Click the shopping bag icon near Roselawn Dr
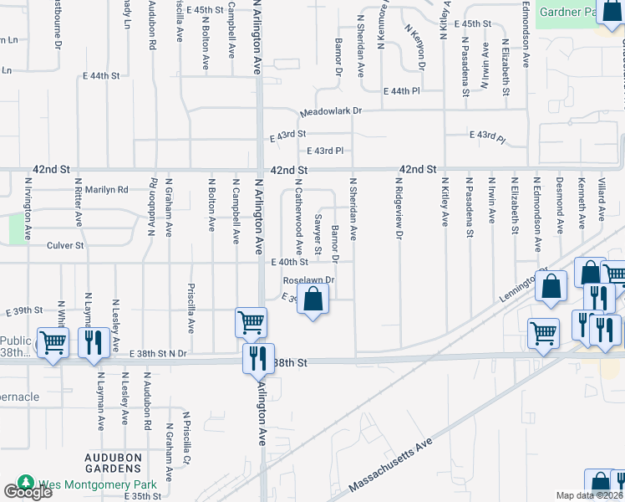click(x=312, y=300)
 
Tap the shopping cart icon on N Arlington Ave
click(x=252, y=322)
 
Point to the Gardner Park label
click(x=568, y=13)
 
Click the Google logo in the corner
click(x=27, y=492)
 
